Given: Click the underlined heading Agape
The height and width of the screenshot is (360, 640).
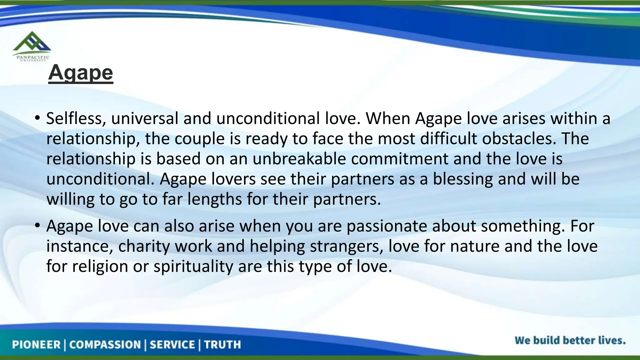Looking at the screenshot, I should pos(81,73).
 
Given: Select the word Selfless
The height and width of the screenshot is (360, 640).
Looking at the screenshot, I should pos(76,118).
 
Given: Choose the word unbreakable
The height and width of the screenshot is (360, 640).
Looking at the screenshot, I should pos(299,159).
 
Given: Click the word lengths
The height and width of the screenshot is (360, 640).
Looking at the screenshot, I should pos(215,199).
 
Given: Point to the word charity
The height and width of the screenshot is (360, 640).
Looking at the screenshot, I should pos(144,246).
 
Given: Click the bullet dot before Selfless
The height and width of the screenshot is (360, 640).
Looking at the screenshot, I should pos(37,118).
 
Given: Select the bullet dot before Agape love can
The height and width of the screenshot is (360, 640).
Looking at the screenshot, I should pos(37,226).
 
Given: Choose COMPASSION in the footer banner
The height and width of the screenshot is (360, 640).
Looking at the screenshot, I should pos(105,345).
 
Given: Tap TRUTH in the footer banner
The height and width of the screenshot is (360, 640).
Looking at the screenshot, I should pos(222,345).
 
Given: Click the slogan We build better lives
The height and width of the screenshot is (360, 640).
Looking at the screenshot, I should pos(570,340).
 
